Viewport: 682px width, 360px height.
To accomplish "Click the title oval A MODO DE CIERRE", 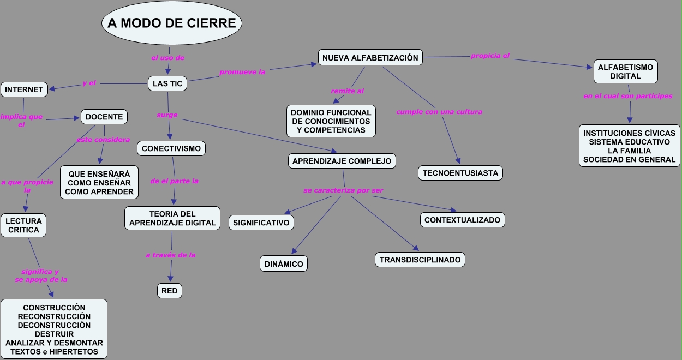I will coord(172,23).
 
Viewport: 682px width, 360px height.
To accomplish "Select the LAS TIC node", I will coord(167,83).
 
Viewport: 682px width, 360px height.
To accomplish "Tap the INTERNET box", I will coord(24,89).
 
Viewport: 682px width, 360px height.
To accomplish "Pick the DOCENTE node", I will coord(104,117).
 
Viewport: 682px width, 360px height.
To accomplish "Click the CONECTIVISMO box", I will coord(171,148).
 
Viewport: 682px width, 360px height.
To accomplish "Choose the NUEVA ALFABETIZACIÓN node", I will coord(370,58).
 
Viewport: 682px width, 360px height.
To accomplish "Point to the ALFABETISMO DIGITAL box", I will coord(625,71).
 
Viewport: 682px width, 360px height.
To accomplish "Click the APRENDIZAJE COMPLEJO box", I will coord(342,161).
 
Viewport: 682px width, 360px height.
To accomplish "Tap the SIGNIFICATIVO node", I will coord(261,223).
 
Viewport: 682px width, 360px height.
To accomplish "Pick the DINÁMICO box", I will coord(284,263).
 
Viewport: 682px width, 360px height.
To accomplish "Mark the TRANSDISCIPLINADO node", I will coord(420,260).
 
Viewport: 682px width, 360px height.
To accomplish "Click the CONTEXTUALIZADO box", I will coord(462,220).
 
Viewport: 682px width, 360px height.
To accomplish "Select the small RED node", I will coord(170,291).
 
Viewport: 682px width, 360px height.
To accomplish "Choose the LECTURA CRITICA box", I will coord(23,225).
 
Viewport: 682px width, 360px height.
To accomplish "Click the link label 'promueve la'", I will coord(242,72).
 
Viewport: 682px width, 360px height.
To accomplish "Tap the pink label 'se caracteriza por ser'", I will coord(343,190).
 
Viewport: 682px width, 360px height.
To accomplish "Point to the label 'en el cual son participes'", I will coord(627,96).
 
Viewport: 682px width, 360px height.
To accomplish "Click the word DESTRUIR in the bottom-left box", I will coord(54,334).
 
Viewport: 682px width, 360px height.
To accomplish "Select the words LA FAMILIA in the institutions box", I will coord(629,151).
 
